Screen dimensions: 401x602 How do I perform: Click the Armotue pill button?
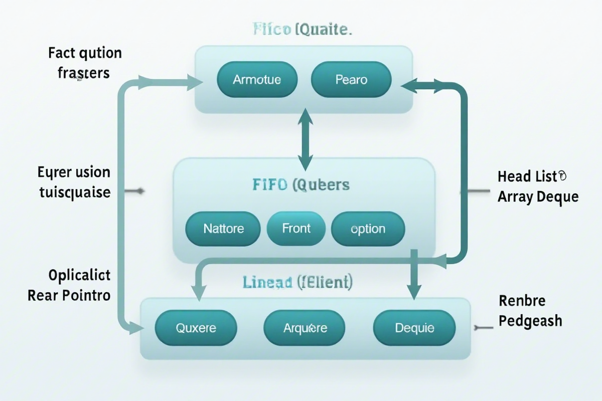point(257,79)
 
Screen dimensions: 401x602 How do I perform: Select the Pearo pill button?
point(351,79)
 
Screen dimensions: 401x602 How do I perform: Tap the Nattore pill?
point(223,229)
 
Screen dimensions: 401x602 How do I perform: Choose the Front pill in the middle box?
point(296,229)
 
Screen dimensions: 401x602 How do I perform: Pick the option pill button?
point(368,229)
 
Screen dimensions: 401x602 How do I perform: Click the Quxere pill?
point(196,328)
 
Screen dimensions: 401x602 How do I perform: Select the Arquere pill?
point(305,328)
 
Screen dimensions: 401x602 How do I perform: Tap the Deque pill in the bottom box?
point(414,328)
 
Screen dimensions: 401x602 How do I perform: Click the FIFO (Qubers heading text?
point(301,185)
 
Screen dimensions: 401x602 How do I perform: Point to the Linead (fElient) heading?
point(297,282)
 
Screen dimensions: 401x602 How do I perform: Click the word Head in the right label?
point(514,176)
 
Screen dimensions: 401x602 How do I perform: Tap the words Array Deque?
point(538,196)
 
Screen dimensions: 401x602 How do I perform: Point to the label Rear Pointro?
point(69,295)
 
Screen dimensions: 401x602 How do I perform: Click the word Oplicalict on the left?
point(79,275)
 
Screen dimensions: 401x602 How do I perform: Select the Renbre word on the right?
point(522,301)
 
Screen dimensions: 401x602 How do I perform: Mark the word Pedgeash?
point(530,321)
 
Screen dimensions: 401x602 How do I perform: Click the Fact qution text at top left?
point(85,53)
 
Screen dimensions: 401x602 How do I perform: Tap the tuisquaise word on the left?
point(74,192)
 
